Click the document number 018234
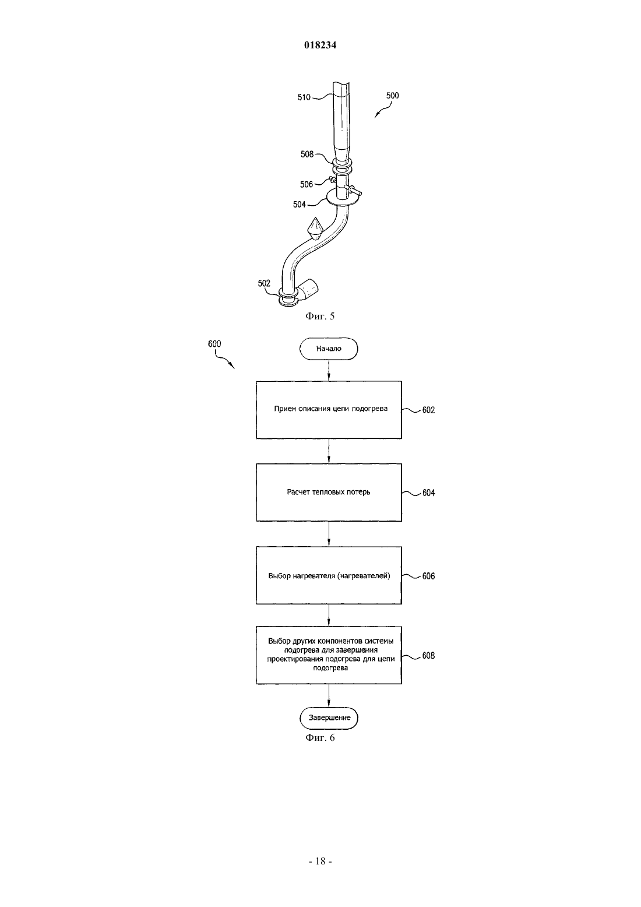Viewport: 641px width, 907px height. pos(320,45)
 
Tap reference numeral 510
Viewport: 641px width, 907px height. pos(304,97)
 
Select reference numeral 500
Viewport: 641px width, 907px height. pos(392,96)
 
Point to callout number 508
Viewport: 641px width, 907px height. pos(307,154)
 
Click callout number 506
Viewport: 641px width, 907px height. pos(307,185)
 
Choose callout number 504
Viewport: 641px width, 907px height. pos(300,205)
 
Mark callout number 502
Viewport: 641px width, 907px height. pos(264,283)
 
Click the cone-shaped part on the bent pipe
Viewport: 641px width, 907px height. pos(315,228)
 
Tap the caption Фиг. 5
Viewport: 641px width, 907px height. pos(320,317)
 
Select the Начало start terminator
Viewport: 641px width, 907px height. pos(329,349)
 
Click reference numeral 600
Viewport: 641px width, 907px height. pos(214,344)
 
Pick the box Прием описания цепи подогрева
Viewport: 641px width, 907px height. pos(329,410)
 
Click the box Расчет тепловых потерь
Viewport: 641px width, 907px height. pos(329,493)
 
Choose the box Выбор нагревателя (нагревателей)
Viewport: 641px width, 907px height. pos(329,575)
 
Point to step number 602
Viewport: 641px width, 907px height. pos(428,410)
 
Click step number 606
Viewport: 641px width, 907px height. pos(428,576)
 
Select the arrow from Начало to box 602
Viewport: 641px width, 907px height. pos(329,370)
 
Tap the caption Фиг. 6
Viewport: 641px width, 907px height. pos(320,738)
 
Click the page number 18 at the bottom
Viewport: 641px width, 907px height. pos(320,862)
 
